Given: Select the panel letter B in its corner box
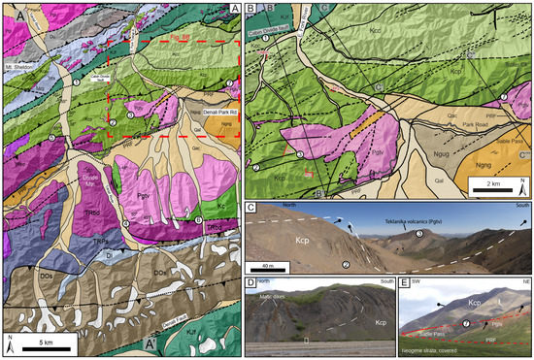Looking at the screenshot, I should [252, 9].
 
